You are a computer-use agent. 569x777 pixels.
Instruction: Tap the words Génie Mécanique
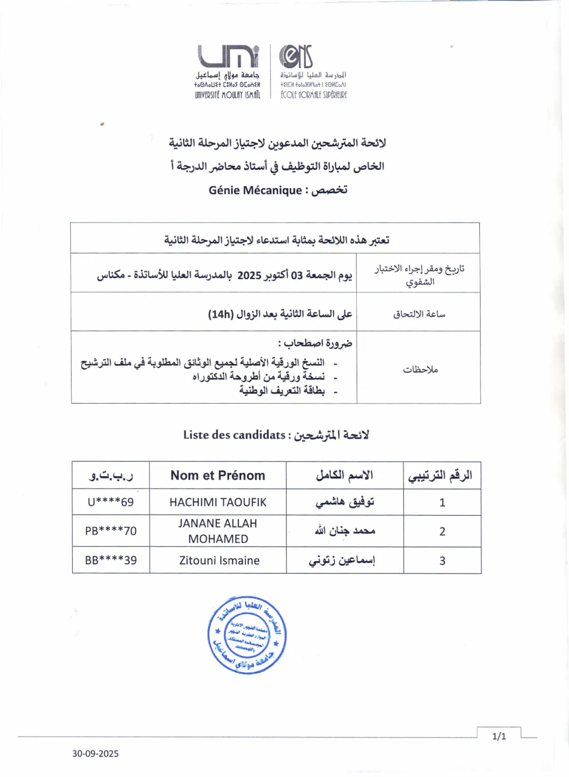coord(255,190)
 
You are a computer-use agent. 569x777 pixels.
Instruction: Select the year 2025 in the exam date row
coord(249,275)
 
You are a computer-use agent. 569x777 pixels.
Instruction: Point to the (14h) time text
coord(221,314)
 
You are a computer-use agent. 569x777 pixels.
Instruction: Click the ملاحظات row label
coord(420,369)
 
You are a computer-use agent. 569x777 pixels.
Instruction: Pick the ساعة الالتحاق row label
coord(419,314)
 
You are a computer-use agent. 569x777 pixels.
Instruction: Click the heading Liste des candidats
coord(234,435)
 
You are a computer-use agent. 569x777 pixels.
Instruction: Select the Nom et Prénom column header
coord(218,476)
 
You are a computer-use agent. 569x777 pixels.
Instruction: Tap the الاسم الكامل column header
coord(344,476)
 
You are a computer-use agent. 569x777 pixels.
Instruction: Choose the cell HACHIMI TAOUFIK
coord(218,502)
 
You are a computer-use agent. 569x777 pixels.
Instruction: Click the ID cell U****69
coord(110,502)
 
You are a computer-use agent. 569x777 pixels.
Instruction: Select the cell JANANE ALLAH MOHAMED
coord(218,531)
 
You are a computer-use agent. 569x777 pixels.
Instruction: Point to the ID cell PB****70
coord(110,531)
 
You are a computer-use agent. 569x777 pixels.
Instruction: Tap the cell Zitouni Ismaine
coord(219,560)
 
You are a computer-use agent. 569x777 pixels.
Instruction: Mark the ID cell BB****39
coord(110,560)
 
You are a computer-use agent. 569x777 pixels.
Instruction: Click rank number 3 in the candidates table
coord(442,560)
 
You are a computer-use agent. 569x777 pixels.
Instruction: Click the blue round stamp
coord(247,635)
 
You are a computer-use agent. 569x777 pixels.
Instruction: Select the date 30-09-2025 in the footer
coord(95,754)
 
